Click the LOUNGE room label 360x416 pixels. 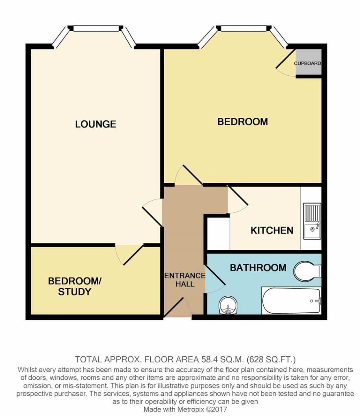[x=95, y=124]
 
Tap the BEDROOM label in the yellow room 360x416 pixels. [x=243, y=121]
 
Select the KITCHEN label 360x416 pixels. [x=272, y=230]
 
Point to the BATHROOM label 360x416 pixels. [x=258, y=268]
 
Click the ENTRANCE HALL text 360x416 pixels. [x=185, y=280]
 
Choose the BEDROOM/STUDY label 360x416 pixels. [x=74, y=286]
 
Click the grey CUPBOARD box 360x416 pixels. [x=308, y=63]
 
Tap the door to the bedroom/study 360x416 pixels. [x=129, y=254]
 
